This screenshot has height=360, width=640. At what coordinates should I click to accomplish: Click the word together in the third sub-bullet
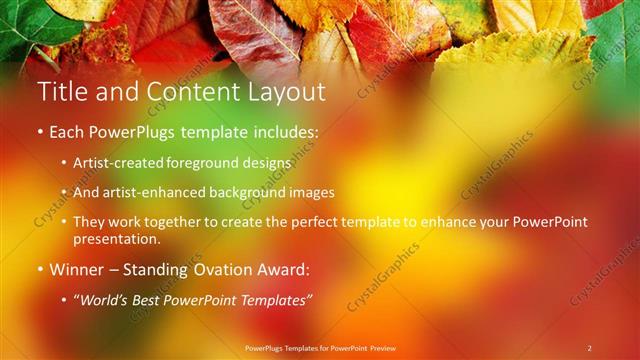[194, 221]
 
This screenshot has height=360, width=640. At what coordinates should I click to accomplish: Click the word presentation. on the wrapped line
[116, 240]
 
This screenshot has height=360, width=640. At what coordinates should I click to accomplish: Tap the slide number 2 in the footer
[589, 348]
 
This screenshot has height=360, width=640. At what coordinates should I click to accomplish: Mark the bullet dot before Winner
[40, 270]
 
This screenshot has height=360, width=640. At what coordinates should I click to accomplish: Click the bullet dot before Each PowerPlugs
[40, 132]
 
